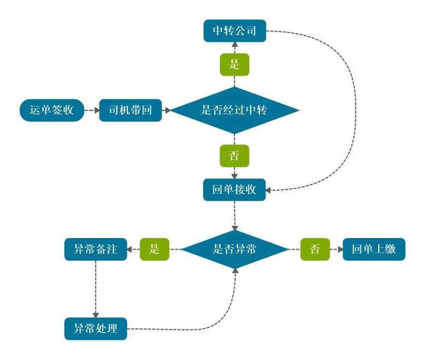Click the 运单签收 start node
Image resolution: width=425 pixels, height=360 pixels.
pyautogui.click(x=51, y=110)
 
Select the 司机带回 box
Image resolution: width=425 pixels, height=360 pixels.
pyautogui.click(x=130, y=110)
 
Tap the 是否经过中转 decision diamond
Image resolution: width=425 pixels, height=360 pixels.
pyautogui.click(x=235, y=110)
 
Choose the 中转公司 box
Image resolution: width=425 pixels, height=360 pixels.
pyautogui.click(x=235, y=31)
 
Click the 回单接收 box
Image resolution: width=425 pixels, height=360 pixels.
pyautogui.click(x=235, y=190)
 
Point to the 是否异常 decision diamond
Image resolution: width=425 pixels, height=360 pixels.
pyautogui.click(x=235, y=249)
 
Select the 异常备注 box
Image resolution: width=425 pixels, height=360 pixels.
pyautogui.click(x=96, y=249)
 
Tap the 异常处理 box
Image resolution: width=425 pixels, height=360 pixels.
pyautogui.click(x=96, y=329)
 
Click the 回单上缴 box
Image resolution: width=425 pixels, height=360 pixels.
pyautogui.click(x=374, y=249)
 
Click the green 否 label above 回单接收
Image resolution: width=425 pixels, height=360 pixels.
pyautogui.click(x=235, y=156)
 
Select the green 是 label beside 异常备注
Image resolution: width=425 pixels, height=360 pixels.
pyautogui.click(x=155, y=249)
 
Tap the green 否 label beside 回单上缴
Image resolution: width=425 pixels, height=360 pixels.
pyautogui.click(x=315, y=249)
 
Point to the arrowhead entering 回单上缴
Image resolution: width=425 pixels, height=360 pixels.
pyautogui.click(x=339, y=249)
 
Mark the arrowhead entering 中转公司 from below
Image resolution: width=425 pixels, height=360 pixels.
pyautogui.click(x=235, y=45)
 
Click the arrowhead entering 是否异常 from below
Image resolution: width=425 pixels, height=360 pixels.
pyautogui.click(x=235, y=271)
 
